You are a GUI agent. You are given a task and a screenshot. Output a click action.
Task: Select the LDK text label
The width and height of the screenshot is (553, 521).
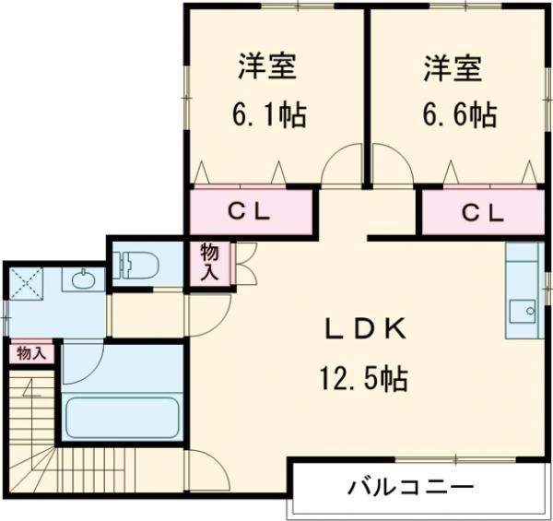[364, 330]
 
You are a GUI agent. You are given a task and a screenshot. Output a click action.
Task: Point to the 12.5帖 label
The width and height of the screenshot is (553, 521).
[364, 377]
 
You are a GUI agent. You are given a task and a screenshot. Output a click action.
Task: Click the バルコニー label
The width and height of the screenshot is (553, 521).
[411, 486]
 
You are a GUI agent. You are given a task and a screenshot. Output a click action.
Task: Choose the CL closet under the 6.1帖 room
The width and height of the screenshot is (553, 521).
[250, 211]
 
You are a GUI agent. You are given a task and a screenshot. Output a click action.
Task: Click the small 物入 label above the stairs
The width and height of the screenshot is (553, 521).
[30, 353]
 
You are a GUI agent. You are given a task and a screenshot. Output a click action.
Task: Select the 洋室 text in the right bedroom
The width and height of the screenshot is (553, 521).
[453, 68]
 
